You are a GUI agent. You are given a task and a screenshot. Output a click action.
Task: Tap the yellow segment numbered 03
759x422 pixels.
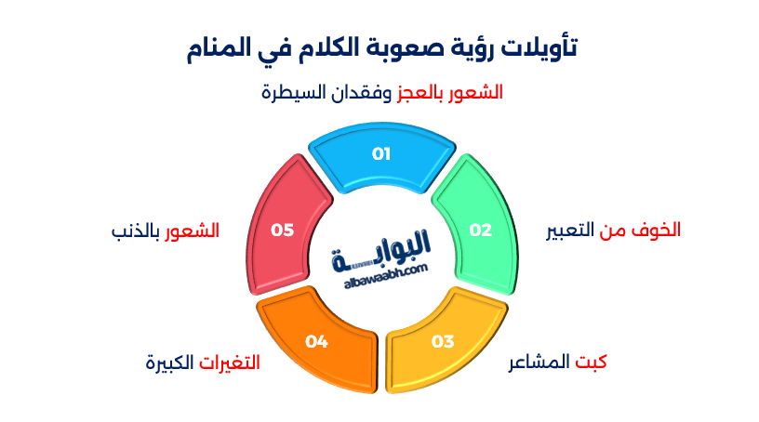[x=443, y=341]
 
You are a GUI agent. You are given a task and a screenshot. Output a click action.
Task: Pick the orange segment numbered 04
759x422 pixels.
[x=316, y=341]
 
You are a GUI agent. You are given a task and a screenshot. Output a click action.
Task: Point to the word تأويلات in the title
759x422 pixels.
[x=539, y=49]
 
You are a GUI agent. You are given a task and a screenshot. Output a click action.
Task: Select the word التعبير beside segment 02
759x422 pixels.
[x=576, y=230]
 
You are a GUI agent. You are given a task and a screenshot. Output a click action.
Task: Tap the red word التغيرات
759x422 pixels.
[x=229, y=362]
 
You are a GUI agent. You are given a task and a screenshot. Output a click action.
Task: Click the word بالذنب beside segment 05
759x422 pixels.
[x=135, y=230]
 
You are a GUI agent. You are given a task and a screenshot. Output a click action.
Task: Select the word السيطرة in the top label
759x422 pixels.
[x=289, y=93]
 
